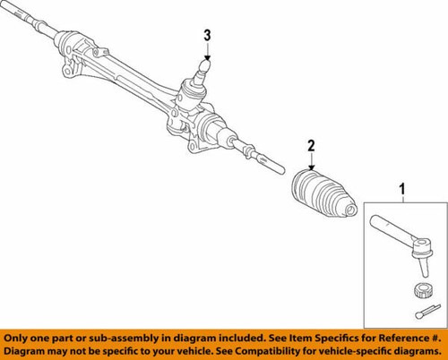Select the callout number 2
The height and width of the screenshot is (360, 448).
pyautogui.click(x=311, y=145)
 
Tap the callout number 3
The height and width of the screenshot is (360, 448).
pyautogui.click(x=207, y=35)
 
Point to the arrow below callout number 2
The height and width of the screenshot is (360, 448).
pyautogui.click(x=311, y=162)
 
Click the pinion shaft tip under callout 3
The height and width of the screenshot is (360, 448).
pyautogui.click(x=207, y=65)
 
